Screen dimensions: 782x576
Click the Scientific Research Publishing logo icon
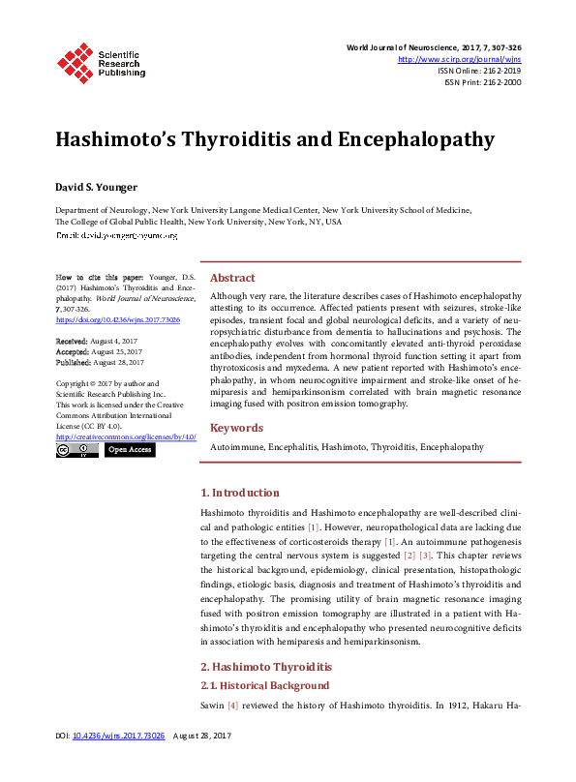click(x=76, y=60)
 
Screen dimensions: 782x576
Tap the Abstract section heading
click(x=232, y=277)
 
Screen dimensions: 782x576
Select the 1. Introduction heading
click(x=239, y=493)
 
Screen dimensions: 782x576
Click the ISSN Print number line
click(x=482, y=82)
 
